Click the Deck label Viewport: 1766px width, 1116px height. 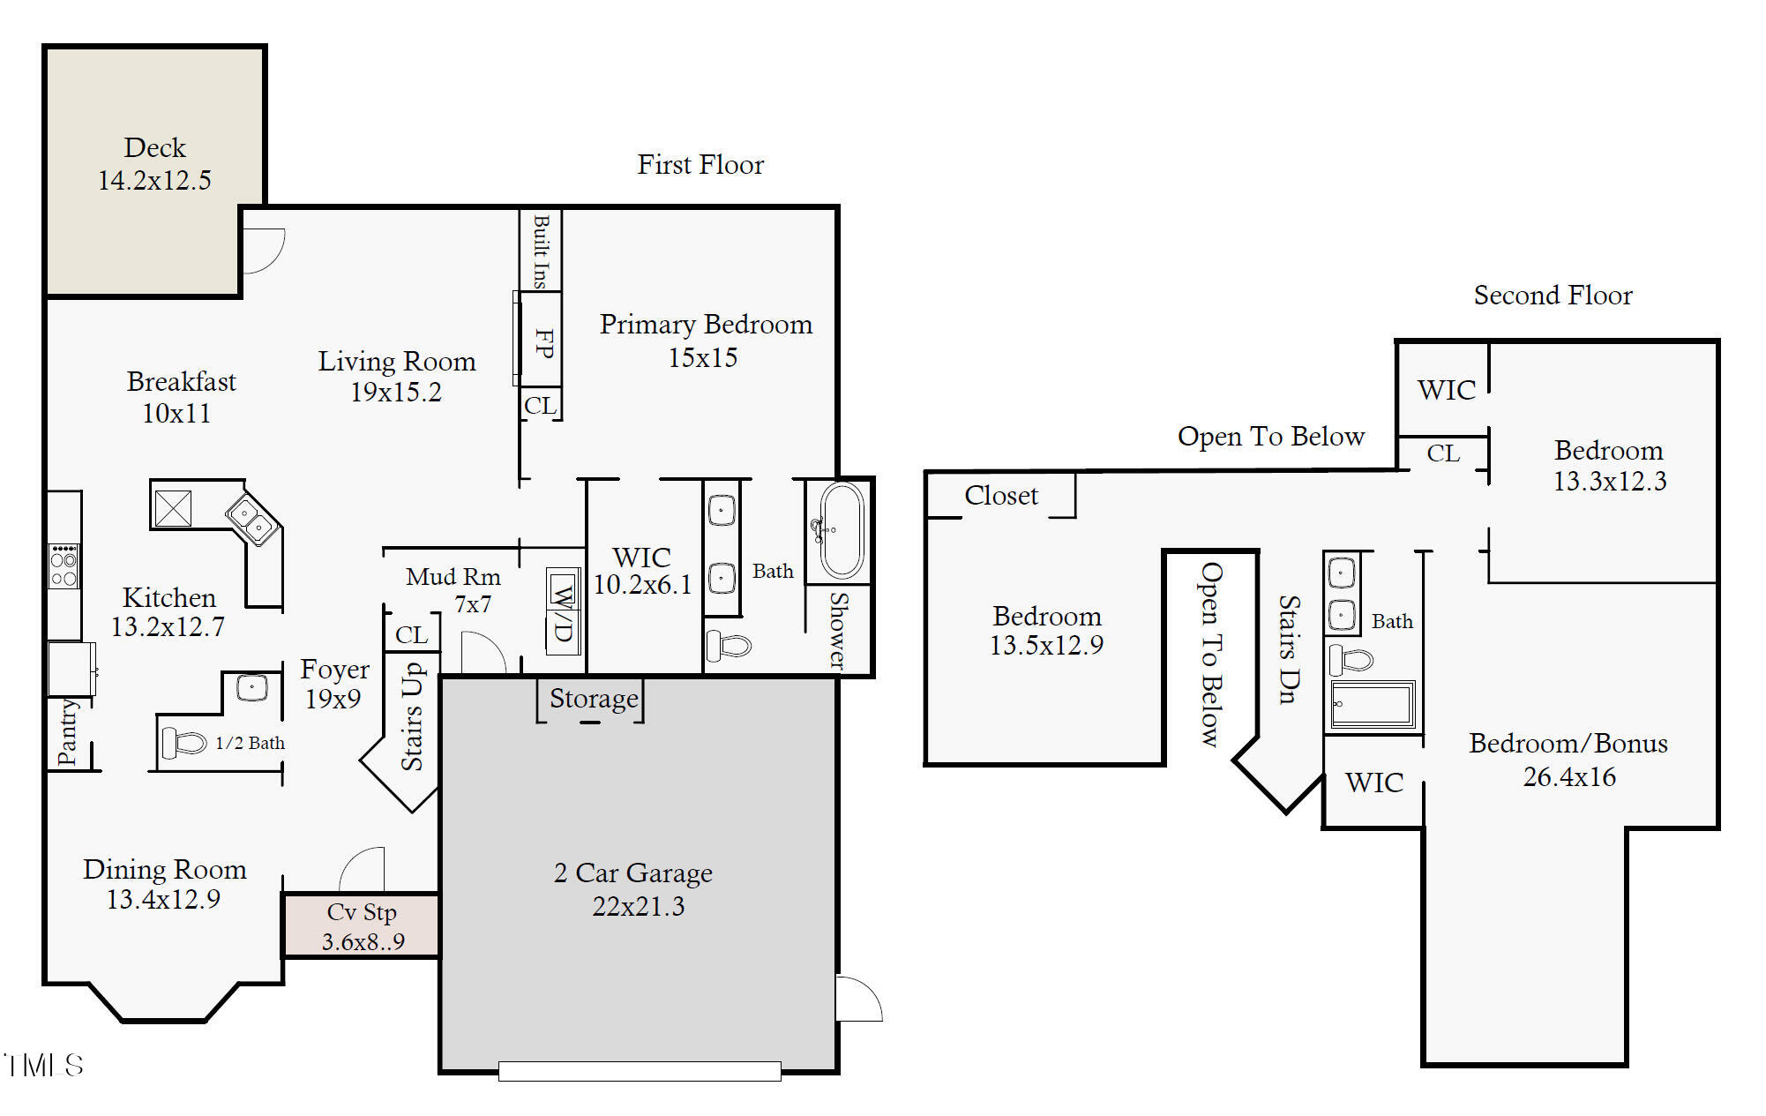(x=155, y=147)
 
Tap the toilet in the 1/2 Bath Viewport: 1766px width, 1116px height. (x=183, y=743)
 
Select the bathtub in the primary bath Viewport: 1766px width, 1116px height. (x=841, y=529)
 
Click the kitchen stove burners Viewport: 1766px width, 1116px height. (x=64, y=566)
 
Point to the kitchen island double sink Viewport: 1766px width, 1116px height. (x=251, y=519)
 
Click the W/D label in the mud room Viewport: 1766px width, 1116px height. (x=563, y=611)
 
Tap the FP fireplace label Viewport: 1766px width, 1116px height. (x=544, y=343)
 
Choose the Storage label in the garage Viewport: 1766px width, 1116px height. (x=594, y=699)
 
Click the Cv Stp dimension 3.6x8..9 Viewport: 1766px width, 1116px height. (x=363, y=941)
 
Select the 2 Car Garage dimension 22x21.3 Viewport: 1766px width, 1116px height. (x=639, y=906)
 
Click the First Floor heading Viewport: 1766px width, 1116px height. (x=700, y=164)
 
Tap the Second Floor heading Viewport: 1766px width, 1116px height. (x=1553, y=295)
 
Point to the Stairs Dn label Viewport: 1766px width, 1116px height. (x=1289, y=649)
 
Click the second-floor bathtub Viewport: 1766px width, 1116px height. (x=1373, y=704)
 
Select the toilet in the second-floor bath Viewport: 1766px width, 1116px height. (x=1351, y=659)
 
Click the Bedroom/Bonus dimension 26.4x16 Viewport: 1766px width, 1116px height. (x=1569, y=777)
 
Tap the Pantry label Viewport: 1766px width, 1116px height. (x=67, y=732)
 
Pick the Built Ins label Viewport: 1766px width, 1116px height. (x=541, y=251)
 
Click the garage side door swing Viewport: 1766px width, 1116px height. (x=859, y=999)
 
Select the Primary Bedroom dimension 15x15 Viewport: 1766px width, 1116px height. (x=703, y=358)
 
